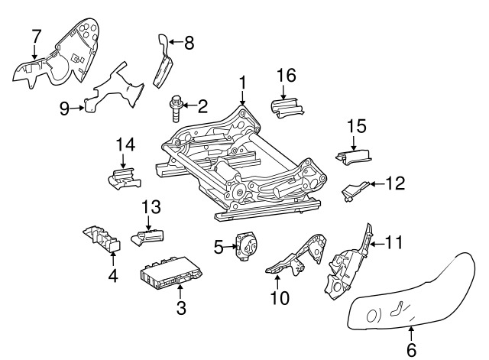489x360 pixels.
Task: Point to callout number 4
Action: coord(112,276)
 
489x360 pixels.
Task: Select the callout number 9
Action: coord(65,108)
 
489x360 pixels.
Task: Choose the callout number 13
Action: coord(151,206)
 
